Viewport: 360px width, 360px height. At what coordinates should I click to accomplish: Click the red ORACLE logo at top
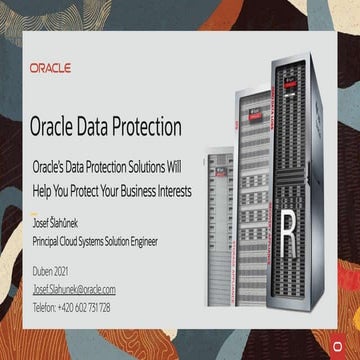(50, 68)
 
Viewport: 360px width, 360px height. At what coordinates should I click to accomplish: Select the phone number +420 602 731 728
(84, 307)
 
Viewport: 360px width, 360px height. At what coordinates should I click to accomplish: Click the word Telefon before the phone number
(45, 307)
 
